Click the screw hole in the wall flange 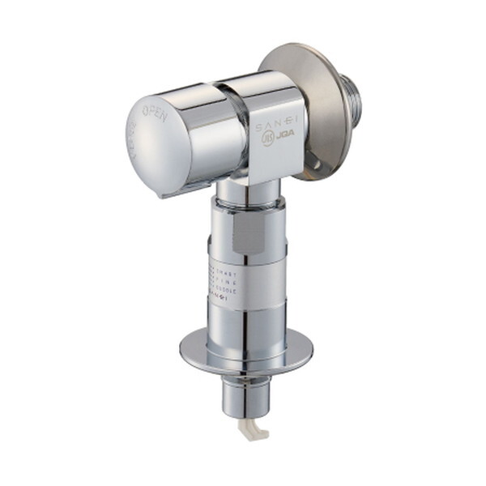(x=317, y=170)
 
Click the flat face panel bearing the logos (x=275, y=138)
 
